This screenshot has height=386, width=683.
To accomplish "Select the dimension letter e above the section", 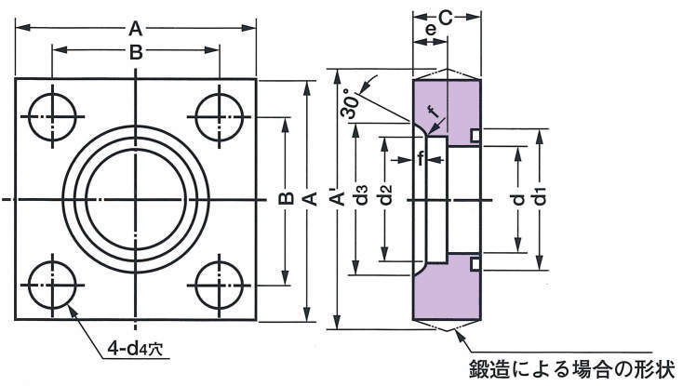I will [x=430, y=31].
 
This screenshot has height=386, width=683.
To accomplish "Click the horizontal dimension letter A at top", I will [x=136, y=28].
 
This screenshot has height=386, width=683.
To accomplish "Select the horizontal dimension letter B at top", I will [x=136, y=54].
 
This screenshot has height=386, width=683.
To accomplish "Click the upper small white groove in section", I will [x=475, y=135].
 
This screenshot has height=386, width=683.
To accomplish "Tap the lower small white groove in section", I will [x=475, y=265].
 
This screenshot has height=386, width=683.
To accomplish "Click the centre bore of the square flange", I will [x=136, y=199].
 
